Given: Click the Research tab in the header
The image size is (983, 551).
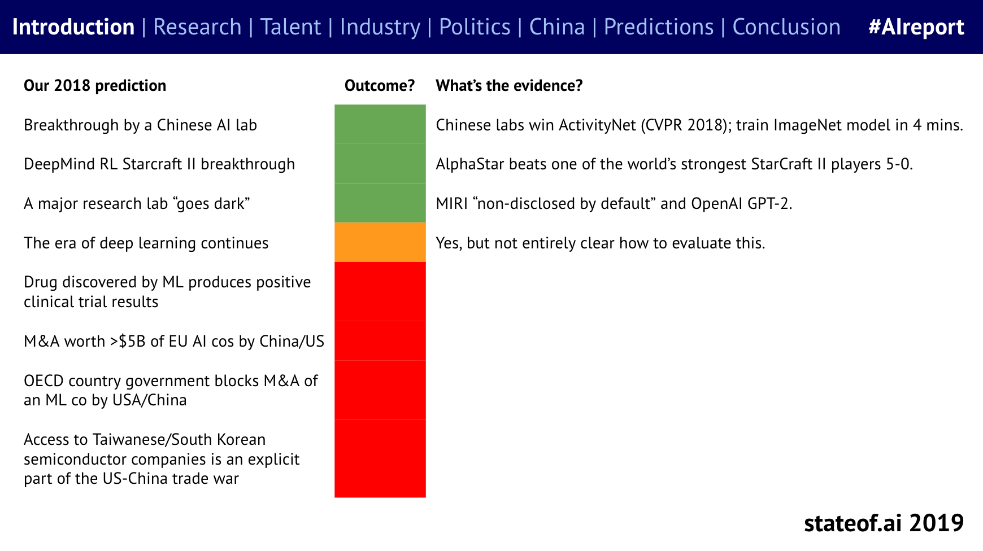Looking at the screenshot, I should point(197,27).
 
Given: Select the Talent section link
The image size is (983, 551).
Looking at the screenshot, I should point(290,27).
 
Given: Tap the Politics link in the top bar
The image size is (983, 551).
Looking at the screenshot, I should point(475,27).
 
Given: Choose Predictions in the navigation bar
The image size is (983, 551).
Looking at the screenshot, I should point(659,27).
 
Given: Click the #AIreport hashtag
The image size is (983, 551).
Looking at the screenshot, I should point(916,27).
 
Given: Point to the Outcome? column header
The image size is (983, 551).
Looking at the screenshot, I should point(380,86).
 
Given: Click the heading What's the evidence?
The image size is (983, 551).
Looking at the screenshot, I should point(509,86).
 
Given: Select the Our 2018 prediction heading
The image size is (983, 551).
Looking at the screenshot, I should point(95,86).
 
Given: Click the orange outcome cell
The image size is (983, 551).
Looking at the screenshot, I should point(380,242).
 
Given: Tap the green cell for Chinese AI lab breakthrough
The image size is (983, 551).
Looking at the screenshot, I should point(380,124).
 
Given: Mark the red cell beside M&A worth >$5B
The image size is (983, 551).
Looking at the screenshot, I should point(380,341).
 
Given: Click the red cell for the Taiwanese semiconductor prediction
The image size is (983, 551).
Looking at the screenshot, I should point(380,458).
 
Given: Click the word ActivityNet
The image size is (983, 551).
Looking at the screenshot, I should point(597,125).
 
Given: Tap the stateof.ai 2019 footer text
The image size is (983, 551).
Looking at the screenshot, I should point(884,523).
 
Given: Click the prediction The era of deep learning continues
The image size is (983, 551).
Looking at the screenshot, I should point(146,243).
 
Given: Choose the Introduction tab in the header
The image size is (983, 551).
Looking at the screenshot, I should point(73,27).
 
